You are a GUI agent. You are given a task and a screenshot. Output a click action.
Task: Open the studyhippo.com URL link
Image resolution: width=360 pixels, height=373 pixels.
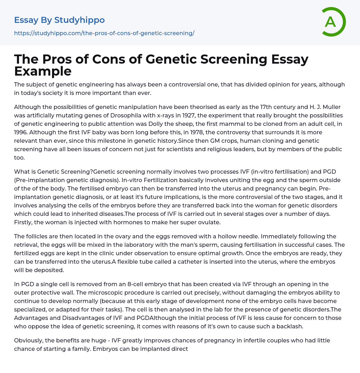click(104, 33)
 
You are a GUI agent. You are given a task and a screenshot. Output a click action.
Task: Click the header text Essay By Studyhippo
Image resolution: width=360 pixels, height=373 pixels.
click(59, 20)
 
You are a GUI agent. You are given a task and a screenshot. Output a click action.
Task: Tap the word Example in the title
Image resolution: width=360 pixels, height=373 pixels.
click(43, 71)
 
